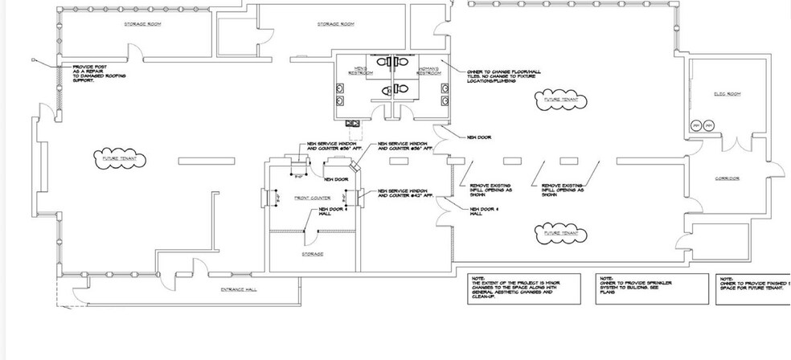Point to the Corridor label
click(x=727, y=178)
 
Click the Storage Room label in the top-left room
click(x=142, y=24)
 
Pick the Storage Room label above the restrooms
click(x=336, y=24)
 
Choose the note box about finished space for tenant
click(x=748, y=285)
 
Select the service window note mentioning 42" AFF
click(x=402, y=193)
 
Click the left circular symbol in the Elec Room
click(x=697, y=127)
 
